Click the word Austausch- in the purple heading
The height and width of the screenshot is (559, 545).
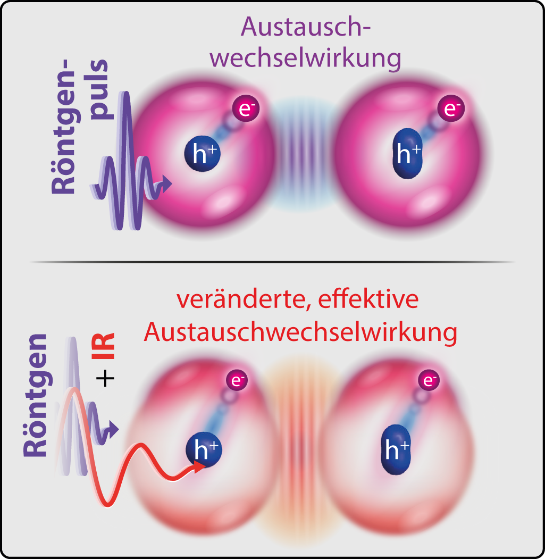coord(305,27)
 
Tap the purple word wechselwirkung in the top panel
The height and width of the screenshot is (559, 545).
coord(305,58)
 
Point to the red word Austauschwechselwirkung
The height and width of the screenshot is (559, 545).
coord(300,333)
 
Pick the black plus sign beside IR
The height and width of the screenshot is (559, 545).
coord(106,379)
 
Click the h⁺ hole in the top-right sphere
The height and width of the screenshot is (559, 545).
coord(407,153)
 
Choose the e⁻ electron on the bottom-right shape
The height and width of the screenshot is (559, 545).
coord(429,380)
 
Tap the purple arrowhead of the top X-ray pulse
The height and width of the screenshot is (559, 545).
coord(168,184)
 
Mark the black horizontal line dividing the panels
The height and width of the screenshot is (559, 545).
coord(272,262)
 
